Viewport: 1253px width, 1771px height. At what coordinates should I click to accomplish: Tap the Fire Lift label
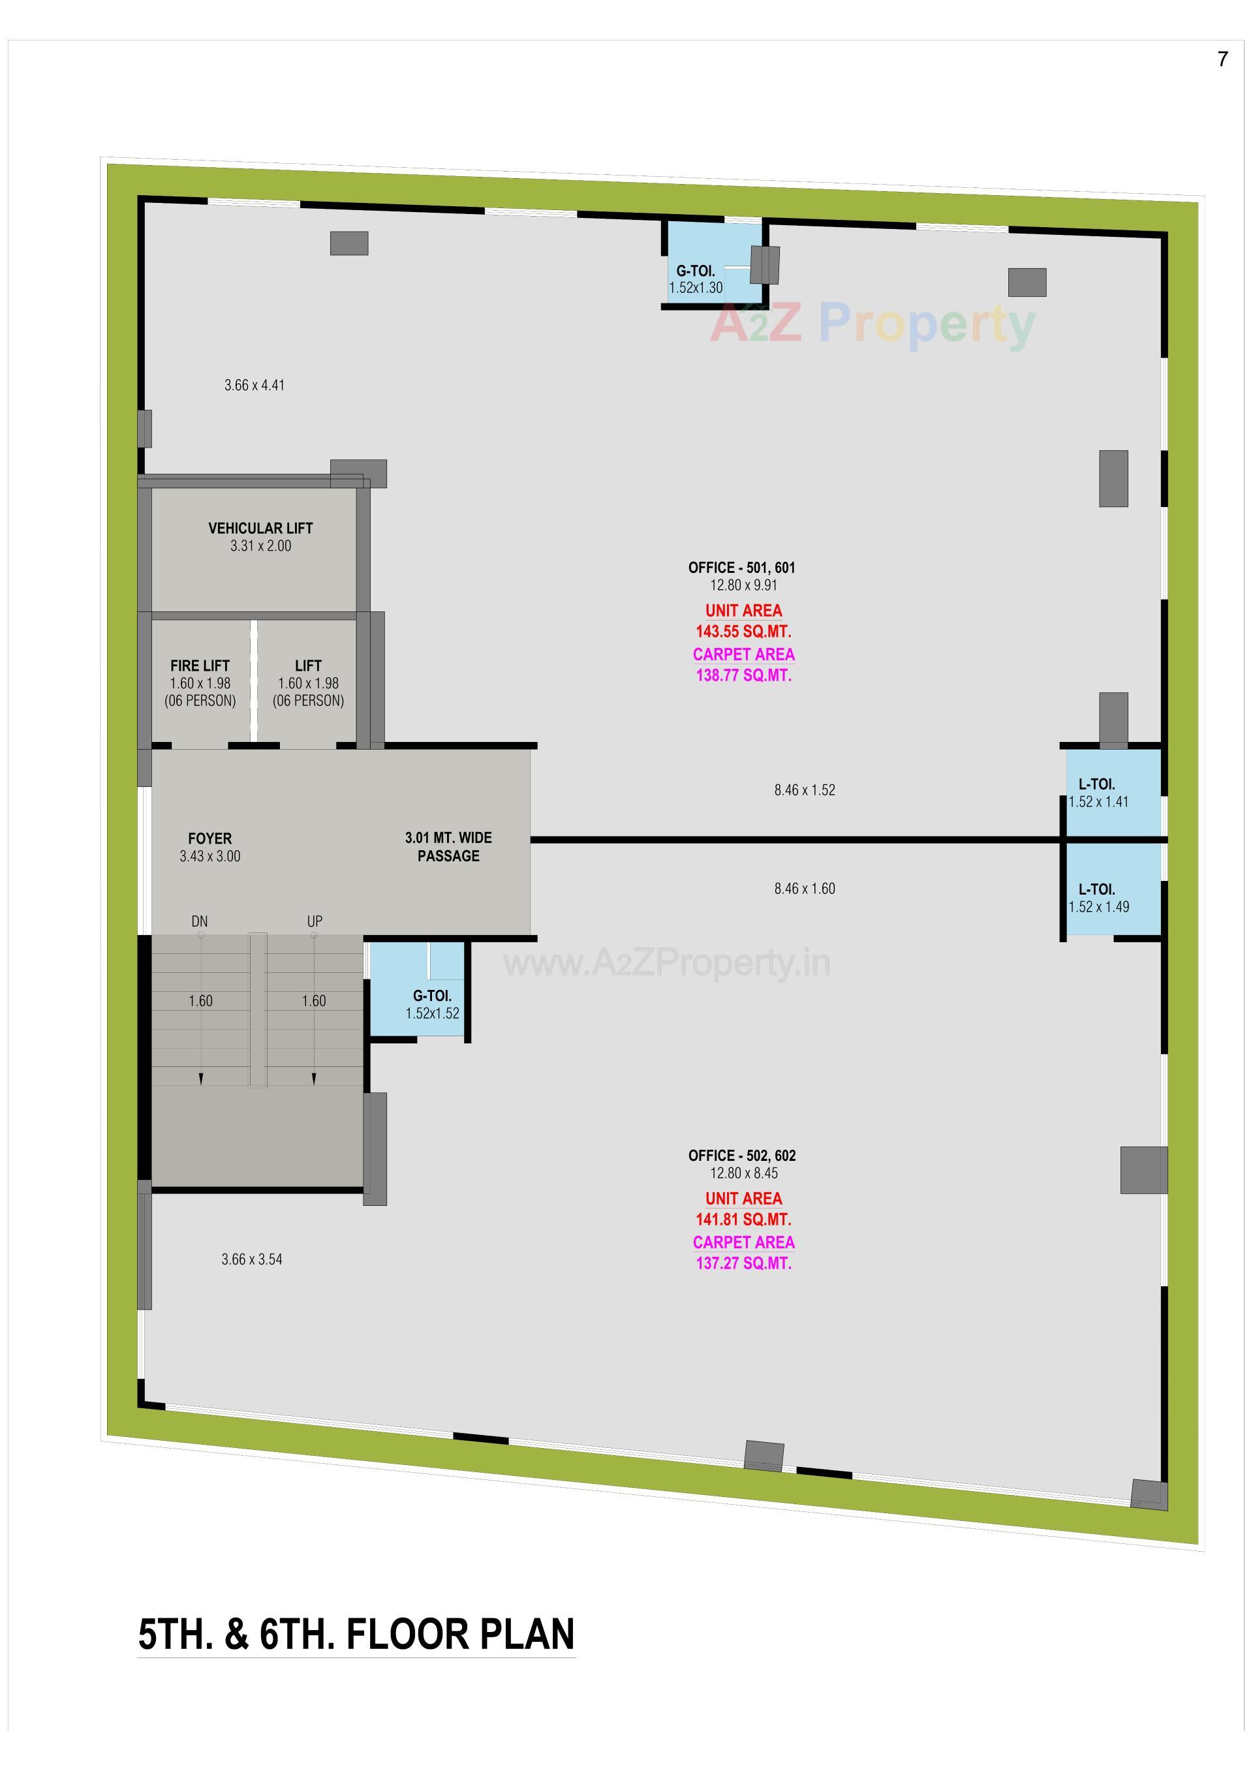pyautogui.click(x=200, y=666)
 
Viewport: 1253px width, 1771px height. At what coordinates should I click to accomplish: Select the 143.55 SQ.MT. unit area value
pyautogui.click(x=743, y=632)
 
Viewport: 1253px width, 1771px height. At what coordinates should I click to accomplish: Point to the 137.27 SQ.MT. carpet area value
pyautogui.click(x=743, y=1263)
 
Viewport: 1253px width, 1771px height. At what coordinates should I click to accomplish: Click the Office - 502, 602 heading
pyautogui.click(x=741, y=1156)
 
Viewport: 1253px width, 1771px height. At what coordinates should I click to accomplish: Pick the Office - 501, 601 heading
pyautogui.click(x=741, y=568)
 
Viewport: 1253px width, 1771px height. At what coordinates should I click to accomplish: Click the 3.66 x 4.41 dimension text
pyautogui.click(x=254, y=386)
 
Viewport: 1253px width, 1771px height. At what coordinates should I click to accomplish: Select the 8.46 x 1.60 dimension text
pyautogui.click(x=805, y=889)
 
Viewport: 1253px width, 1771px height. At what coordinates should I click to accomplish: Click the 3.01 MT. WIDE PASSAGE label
pyautogui.click(x=448, y=847)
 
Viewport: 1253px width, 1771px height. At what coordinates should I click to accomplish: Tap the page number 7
pyautogui.click(x=1222, y=59)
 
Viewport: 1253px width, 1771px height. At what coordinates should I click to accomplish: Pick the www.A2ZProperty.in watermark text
pyautogui.click(x=666, y=962)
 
